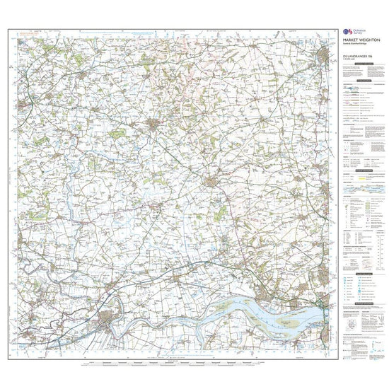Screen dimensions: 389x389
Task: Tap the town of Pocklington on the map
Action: click(x=156, y=125)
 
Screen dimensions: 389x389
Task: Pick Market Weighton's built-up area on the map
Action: click(x=211, y=184)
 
